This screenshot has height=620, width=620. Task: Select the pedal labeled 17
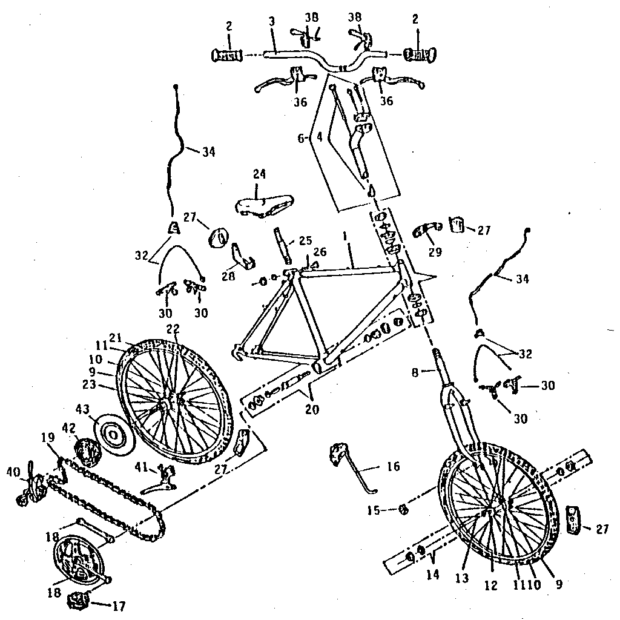pyautogui.click(x=77, y=601)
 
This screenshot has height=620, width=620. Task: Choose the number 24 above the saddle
pyautogui.click(x=259, y=174)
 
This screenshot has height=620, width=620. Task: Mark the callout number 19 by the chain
pyautogui.click(x=47, y=438)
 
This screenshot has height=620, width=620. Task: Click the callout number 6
pyautogui.click(x=301, y=137)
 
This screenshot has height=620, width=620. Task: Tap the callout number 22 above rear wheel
pyautogui.click(x=174, y=329)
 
